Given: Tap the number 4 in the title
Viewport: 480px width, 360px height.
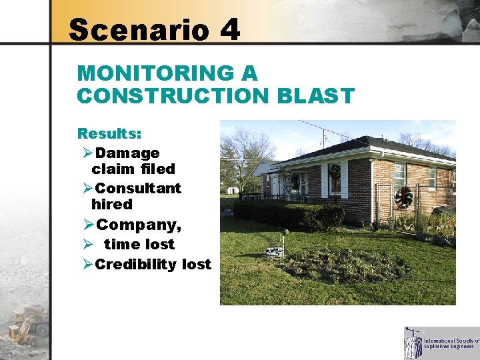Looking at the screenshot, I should click(x=228, y=30).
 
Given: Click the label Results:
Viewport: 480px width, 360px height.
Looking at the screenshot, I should click(x=109, y=134).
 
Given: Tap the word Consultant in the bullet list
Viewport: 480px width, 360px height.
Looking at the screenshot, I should click(x=138, y=188).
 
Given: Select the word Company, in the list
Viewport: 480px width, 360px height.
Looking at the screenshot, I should click(x=138, y=225).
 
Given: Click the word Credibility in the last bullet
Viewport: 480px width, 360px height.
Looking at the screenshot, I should click(x=137, y=264).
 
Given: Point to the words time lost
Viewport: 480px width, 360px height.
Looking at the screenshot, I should click(x=139, y=244).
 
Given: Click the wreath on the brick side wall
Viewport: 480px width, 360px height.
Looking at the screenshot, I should click(x=403, y=196).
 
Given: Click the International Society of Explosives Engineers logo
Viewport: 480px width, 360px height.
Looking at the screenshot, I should click(x=441, y=343).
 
